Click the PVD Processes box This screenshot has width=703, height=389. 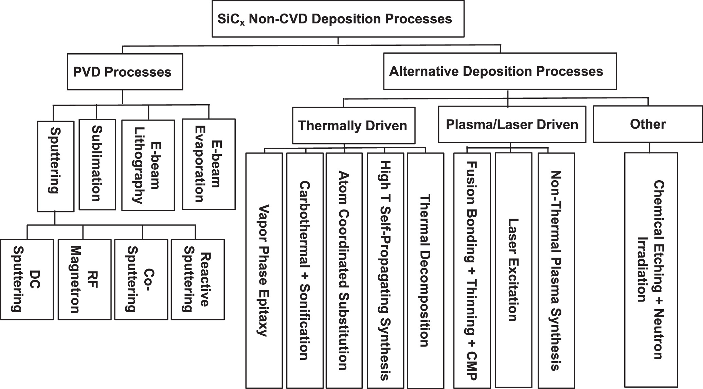click(125, 72)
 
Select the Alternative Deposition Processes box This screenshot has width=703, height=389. click(500, 71)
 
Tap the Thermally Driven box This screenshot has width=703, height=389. click(353, 126)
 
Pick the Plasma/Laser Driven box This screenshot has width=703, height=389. click(511, 125)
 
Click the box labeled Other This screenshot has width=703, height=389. click(648, 124)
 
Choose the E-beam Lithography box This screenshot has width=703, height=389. click(148, 165)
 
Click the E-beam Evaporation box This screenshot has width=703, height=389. click(209, 164)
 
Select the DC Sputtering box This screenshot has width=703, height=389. click(26, 279)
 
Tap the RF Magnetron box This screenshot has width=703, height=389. click(84, 279)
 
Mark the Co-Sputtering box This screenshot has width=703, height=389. click(141, 279)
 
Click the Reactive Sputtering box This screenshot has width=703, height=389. click(197, 279)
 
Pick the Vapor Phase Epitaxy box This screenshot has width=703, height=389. click(264, 270)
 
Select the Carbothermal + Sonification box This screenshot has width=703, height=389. click(304, 270)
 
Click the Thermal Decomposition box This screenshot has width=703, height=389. click(425, 270)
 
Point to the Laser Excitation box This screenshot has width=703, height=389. click(513, 270)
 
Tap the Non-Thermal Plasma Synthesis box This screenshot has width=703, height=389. click(556, 270)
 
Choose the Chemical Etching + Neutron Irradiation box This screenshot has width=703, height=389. click(651, 270)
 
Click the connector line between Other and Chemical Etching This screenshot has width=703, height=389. click(649, 147)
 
